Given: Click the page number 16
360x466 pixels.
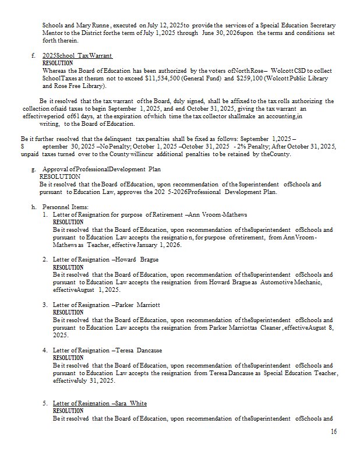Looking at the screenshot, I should tap(333, 432).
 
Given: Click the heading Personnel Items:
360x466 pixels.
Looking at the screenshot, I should tap(65, 207).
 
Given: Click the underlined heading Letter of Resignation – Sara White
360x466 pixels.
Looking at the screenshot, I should tap(100, 403).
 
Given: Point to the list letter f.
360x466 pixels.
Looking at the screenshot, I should tap(33, 55).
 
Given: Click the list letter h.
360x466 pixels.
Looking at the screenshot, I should tap(33, 207).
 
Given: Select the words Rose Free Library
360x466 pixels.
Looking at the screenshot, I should tap(73, 86).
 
